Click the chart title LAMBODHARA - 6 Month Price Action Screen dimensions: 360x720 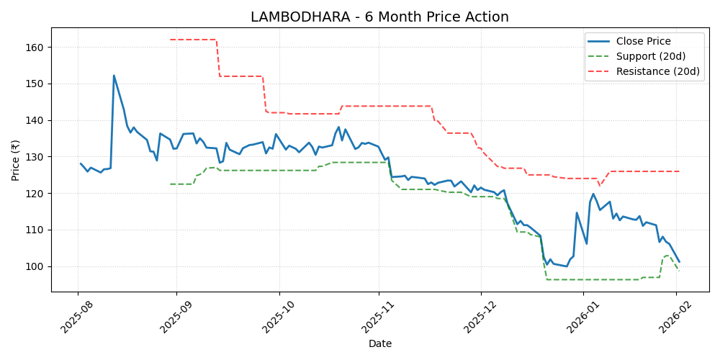pos(379,17)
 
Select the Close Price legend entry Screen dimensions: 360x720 pos(643,41)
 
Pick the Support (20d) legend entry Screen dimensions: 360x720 pos(649,56)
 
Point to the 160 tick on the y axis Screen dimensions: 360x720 pos(36,48)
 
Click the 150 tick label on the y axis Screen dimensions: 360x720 pos(36,84)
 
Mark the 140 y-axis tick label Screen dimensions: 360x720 pos(36,120)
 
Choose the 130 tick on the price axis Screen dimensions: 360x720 pos(36,157)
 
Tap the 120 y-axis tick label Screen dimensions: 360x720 pos(36,194)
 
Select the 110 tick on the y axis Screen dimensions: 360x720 pos(36,230)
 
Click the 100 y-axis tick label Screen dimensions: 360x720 pos(36,266)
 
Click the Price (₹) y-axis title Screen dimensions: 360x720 pos(16,160)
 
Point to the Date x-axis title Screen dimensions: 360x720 pos(379,344)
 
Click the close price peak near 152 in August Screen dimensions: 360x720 pos(114,76)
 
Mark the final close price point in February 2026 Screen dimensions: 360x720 pos(679,261)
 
